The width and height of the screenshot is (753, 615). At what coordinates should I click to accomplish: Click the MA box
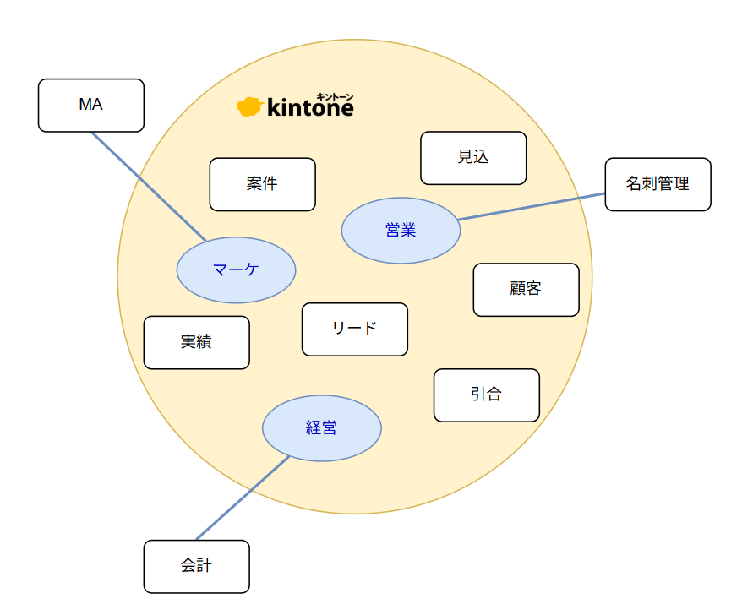[91, 105]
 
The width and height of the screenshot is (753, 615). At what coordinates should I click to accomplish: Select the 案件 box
[263, 184]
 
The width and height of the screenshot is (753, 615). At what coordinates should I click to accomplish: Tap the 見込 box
[473, 158]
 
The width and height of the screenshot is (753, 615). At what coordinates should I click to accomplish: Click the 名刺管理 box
[658, 184]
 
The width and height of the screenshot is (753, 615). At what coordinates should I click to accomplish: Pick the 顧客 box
[527, 290]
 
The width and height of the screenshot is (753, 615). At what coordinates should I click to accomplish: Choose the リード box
[355, 329]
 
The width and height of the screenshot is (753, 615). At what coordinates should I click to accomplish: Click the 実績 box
[197, 342]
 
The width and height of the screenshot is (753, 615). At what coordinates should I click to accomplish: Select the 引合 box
[487, 395]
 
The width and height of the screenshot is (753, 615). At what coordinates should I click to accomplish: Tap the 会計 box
[197, 567]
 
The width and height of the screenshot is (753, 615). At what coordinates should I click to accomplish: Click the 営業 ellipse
[401, 231]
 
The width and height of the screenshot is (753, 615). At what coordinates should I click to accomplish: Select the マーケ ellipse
[237, 269]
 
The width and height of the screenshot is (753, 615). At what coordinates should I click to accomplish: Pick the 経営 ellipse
[322, 428]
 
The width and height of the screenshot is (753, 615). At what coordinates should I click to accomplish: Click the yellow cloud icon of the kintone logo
[249, 106]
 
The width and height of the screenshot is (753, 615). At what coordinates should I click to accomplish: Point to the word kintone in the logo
[310, 107]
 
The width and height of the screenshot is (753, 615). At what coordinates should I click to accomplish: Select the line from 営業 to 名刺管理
[531, 206]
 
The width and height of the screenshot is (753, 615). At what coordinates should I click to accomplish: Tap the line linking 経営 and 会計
[243, 498]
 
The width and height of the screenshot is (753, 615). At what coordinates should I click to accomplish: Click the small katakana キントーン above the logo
[335, 97]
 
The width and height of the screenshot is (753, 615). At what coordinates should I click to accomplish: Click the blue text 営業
[401, 231]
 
